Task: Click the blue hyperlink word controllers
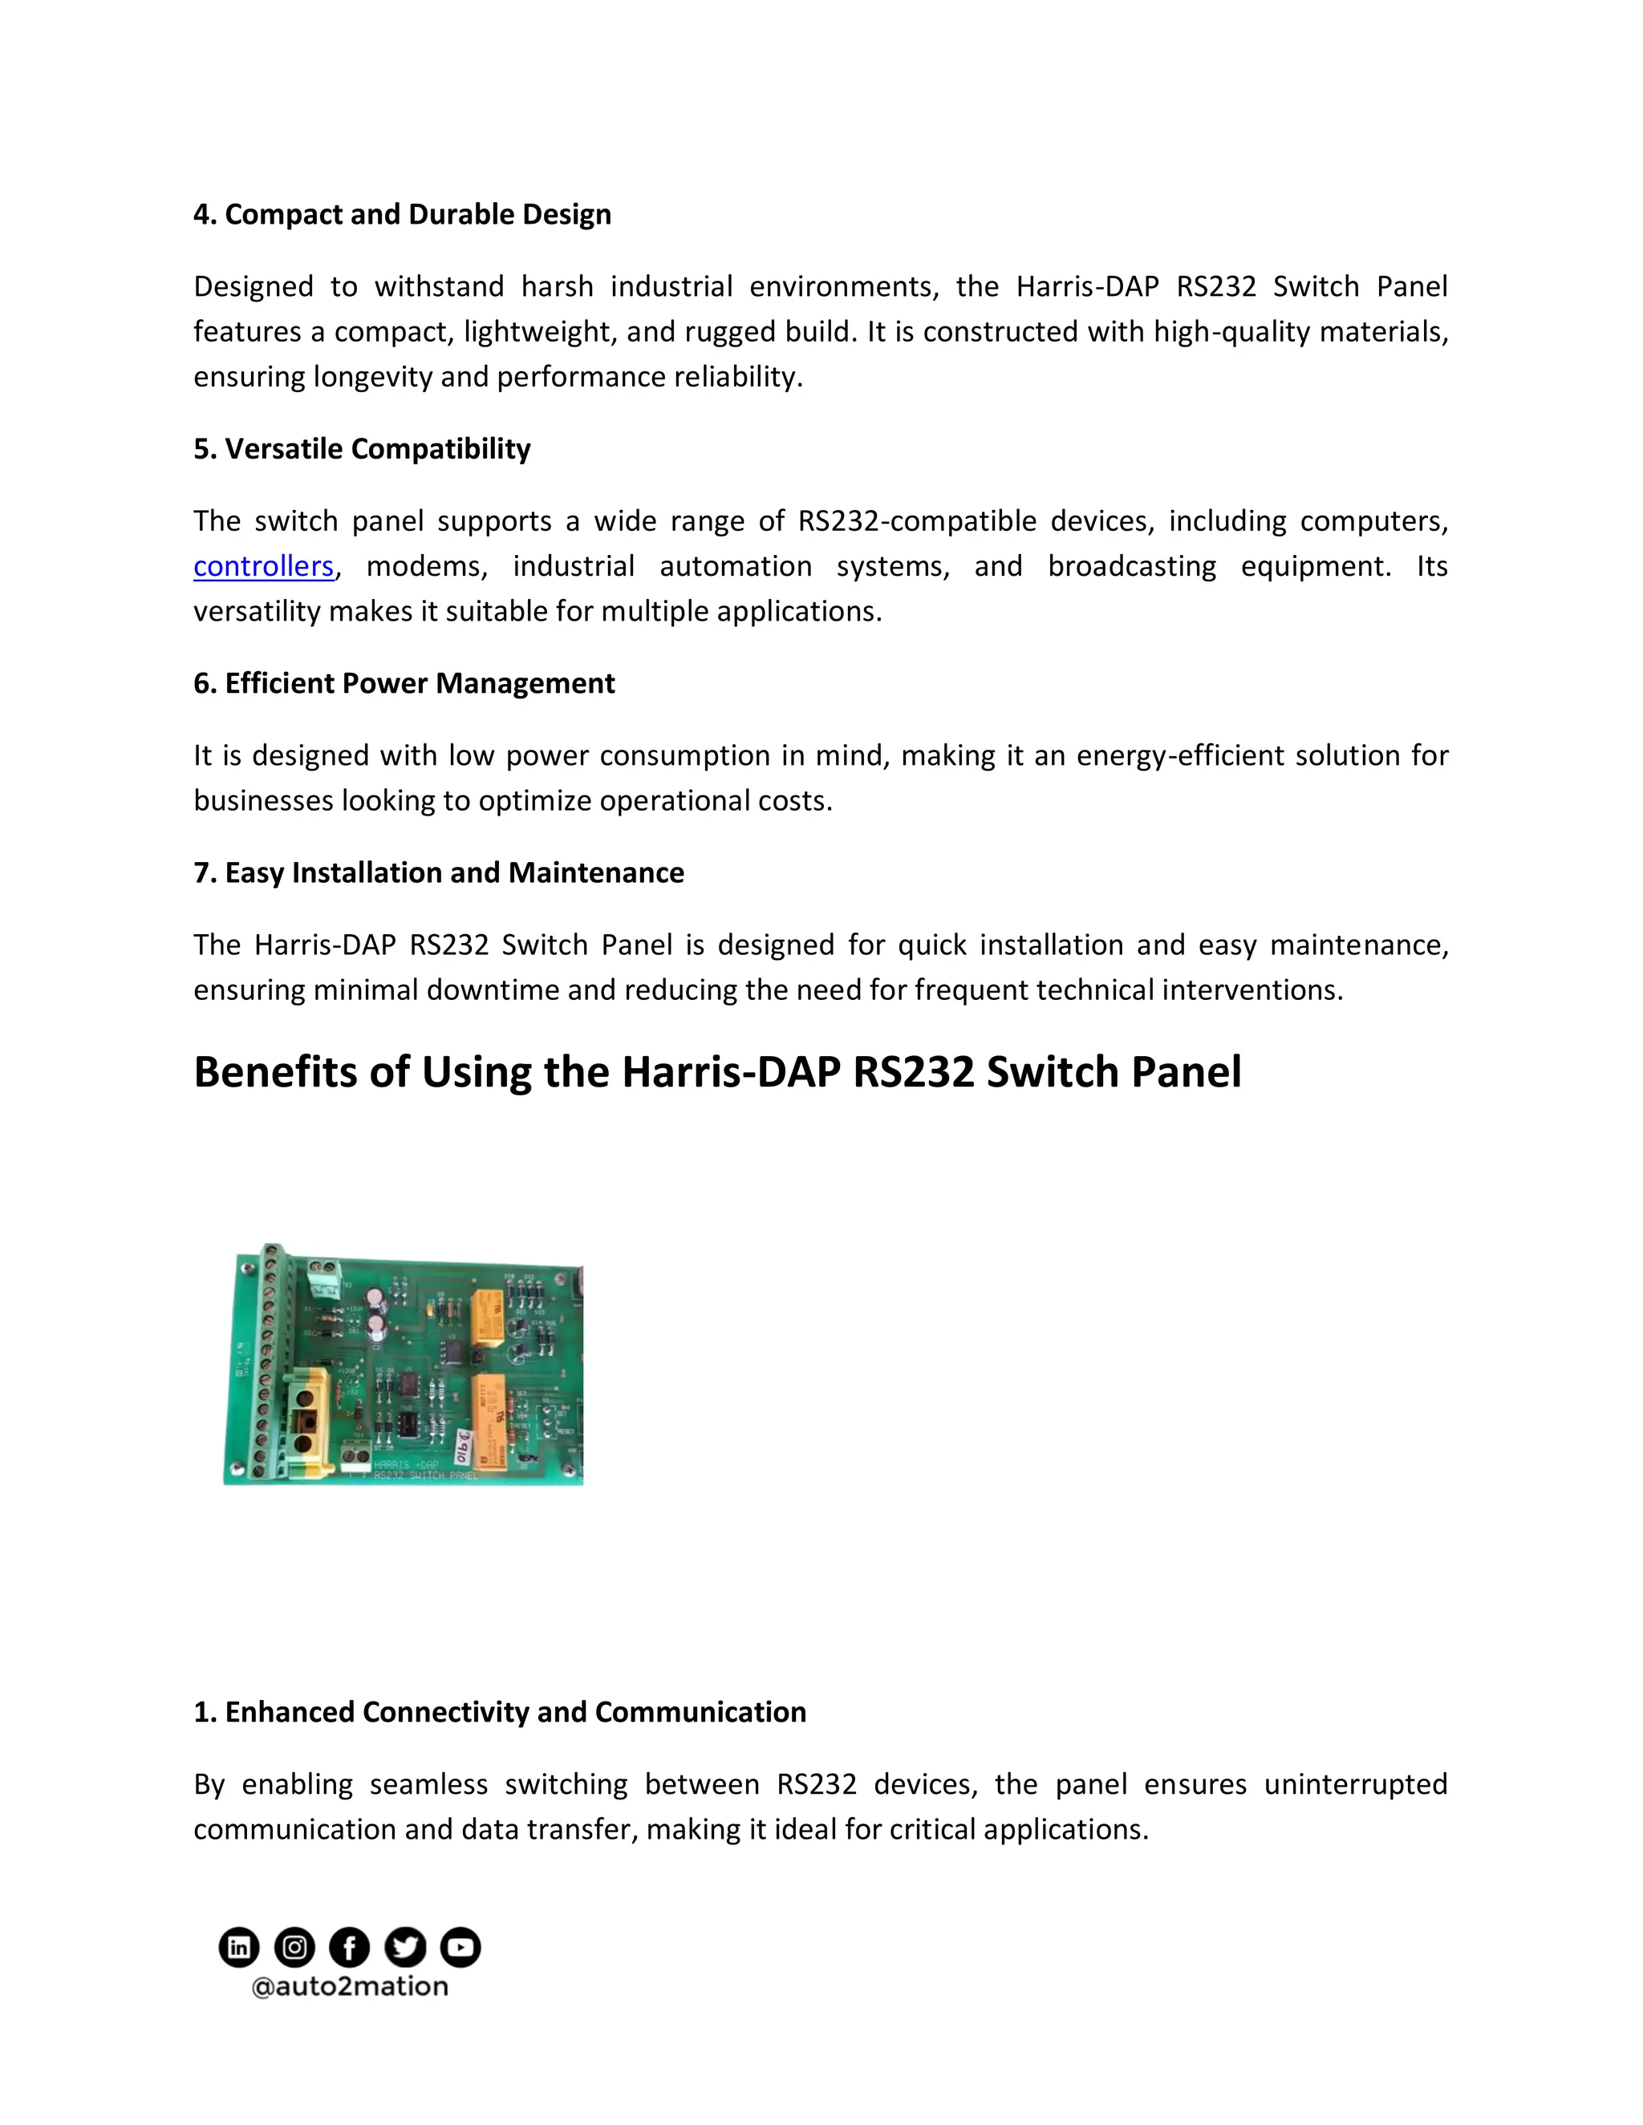coord(263,566)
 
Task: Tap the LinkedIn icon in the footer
coord(238,1947)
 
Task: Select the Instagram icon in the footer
coord(294,1947)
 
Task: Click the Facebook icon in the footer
coord(350,1947)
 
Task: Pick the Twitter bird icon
coord(405,1947)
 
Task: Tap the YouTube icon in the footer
coord(460,1947)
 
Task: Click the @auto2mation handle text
coord(350,1987)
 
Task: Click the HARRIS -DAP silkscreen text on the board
coord(406,1463)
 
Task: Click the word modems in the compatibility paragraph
coord(425,566)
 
